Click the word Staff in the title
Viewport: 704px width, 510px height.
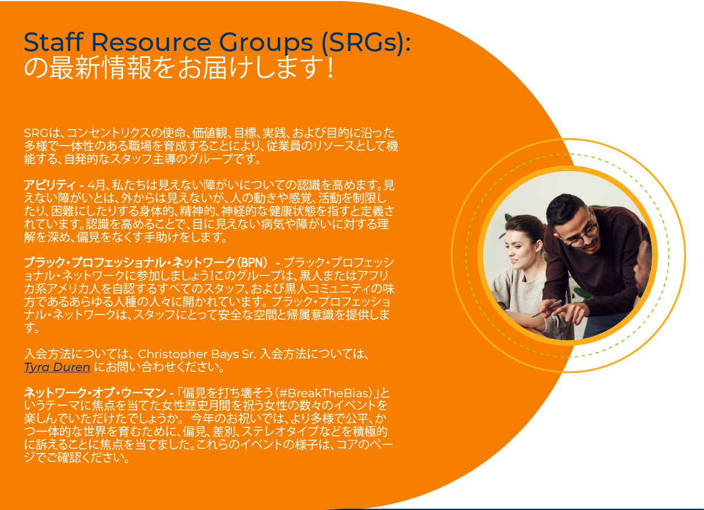pos(54,42)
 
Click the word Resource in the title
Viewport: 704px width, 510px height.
pos(151,42)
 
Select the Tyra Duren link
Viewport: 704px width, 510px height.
pos(57,367)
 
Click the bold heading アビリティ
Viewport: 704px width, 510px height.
pos(50,185)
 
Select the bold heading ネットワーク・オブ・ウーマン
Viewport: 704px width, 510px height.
pos(95,393)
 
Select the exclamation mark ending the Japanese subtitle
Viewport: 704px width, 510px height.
pos(330,68)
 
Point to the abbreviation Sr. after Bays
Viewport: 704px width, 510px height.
pos(249,355)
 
